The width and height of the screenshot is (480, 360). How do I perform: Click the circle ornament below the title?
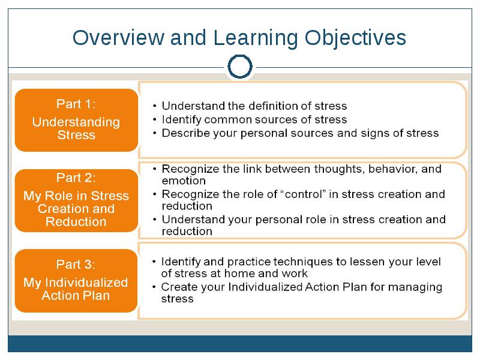(x=240, y=56)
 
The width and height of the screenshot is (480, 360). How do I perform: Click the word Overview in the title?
(x=118, y=38)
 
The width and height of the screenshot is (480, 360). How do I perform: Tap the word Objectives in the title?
(x=355, y=38)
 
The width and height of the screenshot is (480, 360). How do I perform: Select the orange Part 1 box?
(x=77, y=120)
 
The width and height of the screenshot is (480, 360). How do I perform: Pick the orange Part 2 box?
(x=77, y=200)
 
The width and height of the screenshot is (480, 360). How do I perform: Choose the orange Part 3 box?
(x=76, y=281)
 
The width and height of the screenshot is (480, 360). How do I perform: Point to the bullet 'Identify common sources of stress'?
(x=254, y=119)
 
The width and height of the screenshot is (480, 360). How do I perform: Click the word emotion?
(x=184, y=181)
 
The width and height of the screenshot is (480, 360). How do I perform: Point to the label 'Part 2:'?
(x=76, y=178)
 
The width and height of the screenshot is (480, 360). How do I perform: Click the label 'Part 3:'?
(x=76, y=265)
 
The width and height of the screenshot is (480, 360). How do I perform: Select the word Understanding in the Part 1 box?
(x=76, y=122)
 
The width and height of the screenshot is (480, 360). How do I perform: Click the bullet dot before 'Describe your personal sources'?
(x=155, y=133)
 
